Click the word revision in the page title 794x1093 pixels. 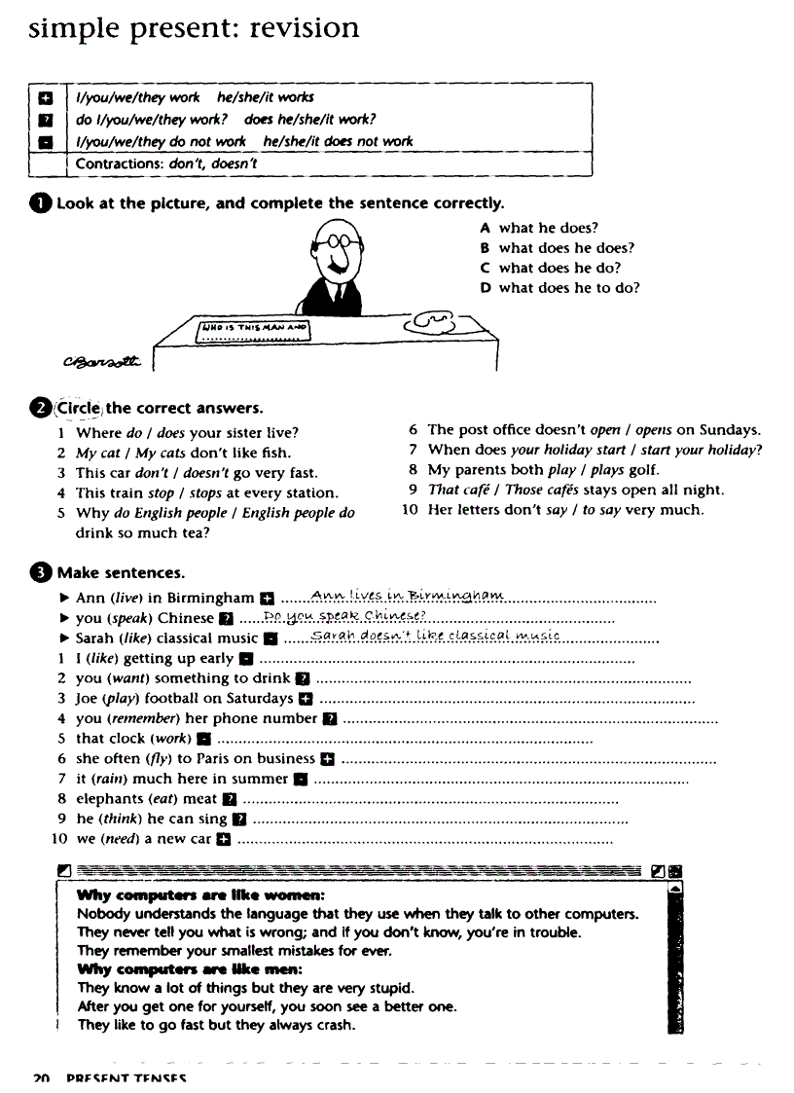[x=304, y=27]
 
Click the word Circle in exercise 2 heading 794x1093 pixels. [x=77, y=408]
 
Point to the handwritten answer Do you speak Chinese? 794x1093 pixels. [x=337, y=616]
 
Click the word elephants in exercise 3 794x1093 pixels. [x=109, y=799]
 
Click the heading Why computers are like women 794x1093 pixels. [x=200, y=895]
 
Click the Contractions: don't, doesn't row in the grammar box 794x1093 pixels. [x=166, y=164]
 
